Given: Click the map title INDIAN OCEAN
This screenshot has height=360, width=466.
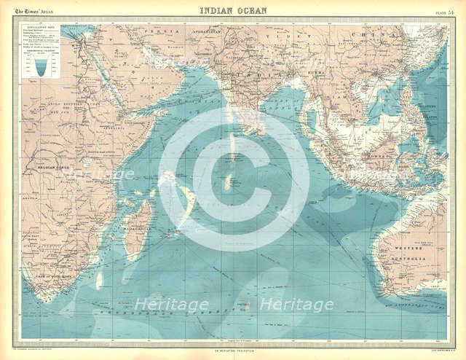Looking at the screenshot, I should (x=233, y=10).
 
